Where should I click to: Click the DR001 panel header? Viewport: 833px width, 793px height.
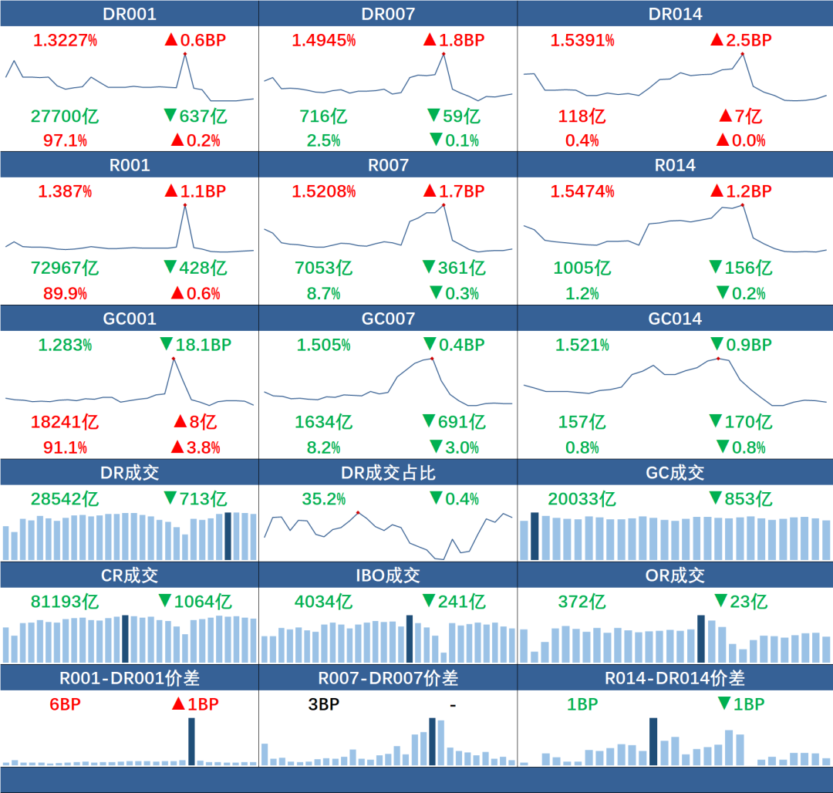(129, 14)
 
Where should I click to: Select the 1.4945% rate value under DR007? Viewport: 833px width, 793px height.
(323, 40)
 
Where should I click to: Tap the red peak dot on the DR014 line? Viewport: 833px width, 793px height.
(742, 53)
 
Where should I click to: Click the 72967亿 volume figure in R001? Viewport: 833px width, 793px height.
(65, 268)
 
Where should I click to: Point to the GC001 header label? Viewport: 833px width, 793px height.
(129, 319)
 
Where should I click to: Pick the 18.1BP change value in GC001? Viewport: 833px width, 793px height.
(203, 345)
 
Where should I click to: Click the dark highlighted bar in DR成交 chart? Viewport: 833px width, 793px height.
(228, 535)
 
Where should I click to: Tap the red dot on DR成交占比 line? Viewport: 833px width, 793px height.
(358, 512)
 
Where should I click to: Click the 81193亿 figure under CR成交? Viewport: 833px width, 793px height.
(65, 602)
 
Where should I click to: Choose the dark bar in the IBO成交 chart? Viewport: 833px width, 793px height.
(410, 638)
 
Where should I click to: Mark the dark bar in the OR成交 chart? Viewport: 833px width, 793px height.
(700, 638)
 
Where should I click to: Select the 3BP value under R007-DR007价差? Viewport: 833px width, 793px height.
(319, 704)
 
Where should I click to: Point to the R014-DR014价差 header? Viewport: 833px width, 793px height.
(674, 678)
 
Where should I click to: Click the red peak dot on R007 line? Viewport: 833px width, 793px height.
(443, 204)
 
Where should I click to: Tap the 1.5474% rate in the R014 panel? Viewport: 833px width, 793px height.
(582, 191)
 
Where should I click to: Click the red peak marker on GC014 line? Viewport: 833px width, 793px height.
(718, 358)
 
